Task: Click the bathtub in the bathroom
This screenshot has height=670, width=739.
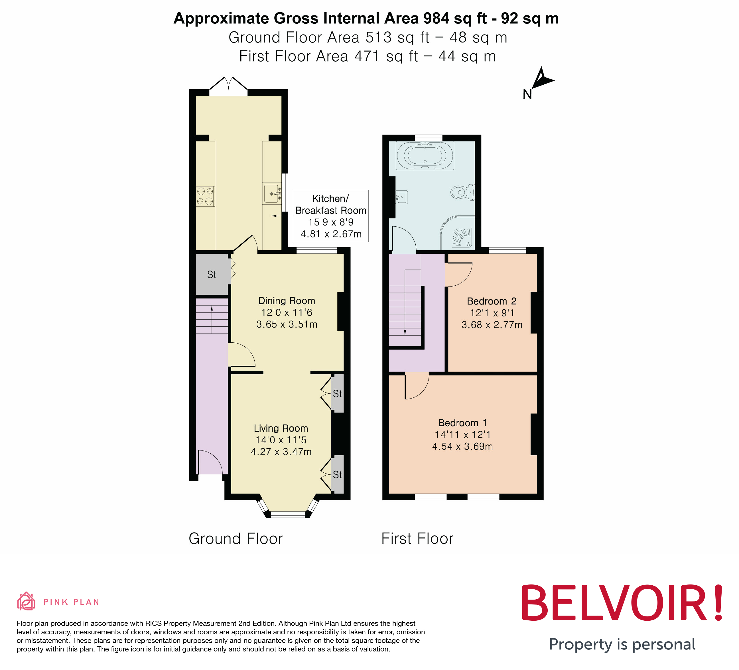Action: coord(425,155)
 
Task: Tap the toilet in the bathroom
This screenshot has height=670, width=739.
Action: coord(463,192)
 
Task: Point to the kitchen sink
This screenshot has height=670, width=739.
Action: coord(272,194)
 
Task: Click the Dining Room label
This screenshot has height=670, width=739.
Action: coord(286,301)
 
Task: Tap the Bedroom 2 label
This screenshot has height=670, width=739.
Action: coord(492,301)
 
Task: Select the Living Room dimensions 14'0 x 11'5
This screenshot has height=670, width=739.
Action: coord(281,440)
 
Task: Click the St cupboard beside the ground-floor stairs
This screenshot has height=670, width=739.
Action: coord(212,275)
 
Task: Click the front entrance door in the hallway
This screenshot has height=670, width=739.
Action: coord(210,462)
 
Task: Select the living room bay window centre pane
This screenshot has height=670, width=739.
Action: coord(288,515)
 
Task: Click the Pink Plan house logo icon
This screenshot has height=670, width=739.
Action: coord(26,602)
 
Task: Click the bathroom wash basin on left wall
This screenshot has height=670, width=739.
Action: coord(401,197)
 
